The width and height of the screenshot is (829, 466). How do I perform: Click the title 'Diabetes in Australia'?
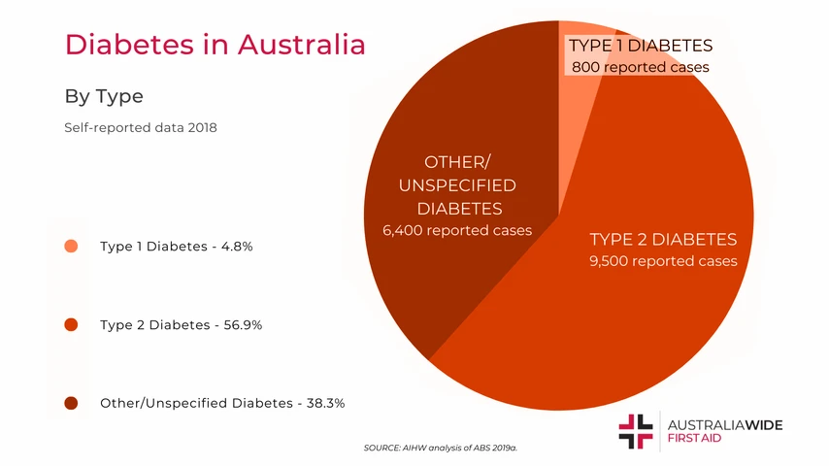215,45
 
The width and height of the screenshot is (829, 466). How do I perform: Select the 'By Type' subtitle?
104,96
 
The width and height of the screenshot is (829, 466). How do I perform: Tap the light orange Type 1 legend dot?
71,247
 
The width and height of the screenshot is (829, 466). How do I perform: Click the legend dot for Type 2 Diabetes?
71,324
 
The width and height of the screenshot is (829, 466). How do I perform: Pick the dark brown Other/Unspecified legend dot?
71,402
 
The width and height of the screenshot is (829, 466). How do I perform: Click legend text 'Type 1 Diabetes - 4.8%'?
177,247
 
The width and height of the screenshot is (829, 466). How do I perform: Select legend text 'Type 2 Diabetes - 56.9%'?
182,324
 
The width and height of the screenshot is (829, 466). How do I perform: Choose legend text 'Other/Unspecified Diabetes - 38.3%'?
222,402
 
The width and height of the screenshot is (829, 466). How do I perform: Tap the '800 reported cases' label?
641,68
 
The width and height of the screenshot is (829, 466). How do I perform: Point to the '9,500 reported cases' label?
663,261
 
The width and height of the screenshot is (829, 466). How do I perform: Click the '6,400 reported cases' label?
458,231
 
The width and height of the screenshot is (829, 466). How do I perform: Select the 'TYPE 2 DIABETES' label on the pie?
663,240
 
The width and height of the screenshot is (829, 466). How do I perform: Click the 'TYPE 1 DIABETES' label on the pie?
641,46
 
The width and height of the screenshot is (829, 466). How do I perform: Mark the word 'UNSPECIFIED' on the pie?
457,184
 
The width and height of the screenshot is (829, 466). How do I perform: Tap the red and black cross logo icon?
636,431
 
